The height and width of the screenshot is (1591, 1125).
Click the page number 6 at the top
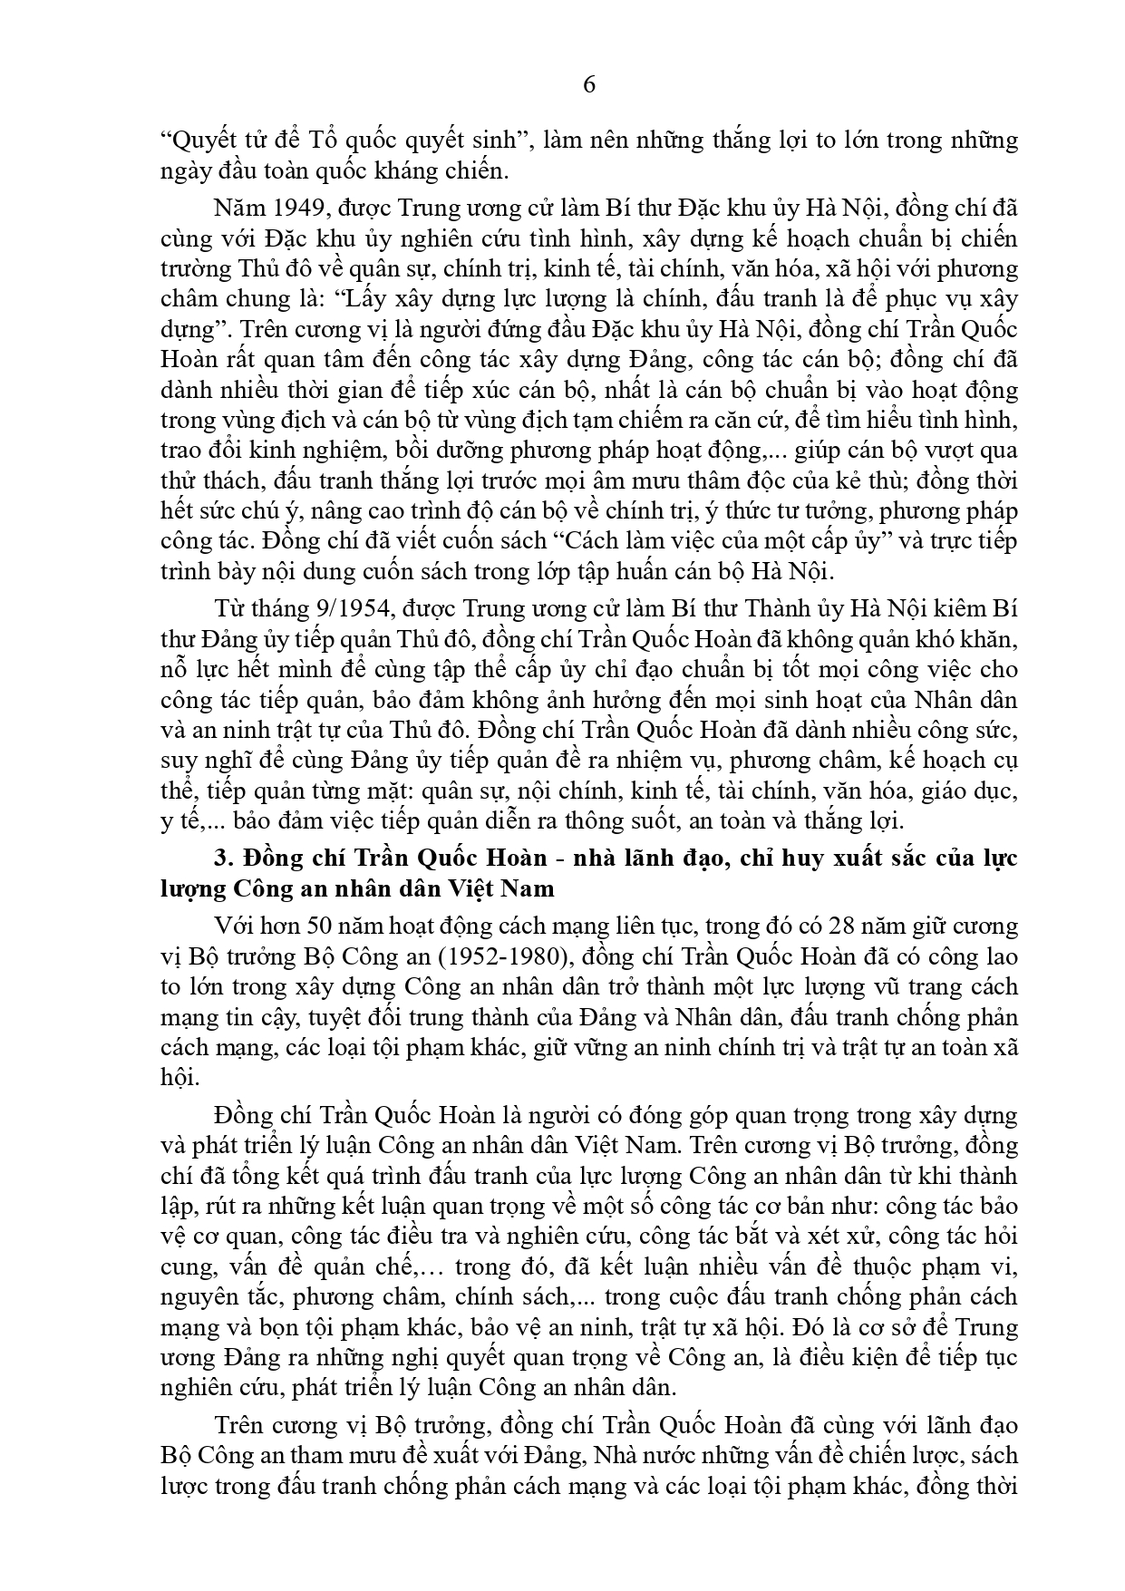tap(589, 85)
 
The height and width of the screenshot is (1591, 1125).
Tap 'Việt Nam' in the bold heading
tap(502, 888)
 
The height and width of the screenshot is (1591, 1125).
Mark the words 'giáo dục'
tap(975, 791)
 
